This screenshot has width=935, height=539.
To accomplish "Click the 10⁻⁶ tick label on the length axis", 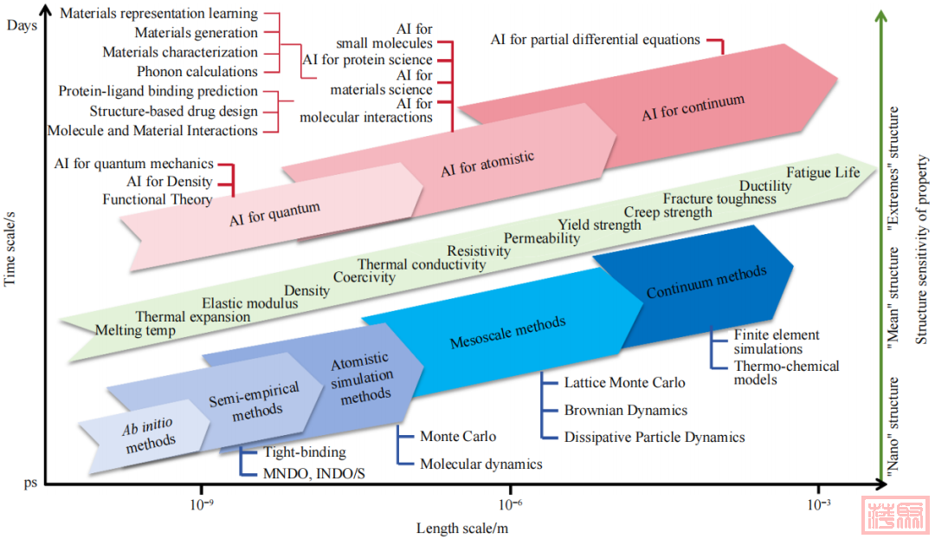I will (x=510, y=503).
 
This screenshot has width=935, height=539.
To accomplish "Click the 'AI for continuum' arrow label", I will (x=693, y=108).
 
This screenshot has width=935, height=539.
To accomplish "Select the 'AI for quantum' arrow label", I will (x=275, y=213).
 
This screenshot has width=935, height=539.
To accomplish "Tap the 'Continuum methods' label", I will (x=706, y=282).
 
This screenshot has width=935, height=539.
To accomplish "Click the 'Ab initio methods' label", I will (x=150, y=436).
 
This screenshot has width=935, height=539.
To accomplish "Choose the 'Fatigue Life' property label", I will (x=822, y=172).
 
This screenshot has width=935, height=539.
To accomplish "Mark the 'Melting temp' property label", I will (x=135, y=330).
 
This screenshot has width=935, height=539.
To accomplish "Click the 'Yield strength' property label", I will (x=599, y=225).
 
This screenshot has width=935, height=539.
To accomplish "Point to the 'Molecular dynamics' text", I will (x=481, y=464).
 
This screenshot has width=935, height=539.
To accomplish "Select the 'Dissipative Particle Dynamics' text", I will (x=654, y=437).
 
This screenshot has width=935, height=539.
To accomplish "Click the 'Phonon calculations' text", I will (x=197, y=72).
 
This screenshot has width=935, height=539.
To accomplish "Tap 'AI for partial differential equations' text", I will (x=595, y=39).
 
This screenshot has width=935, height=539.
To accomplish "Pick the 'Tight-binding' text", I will (x=305, y=452).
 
